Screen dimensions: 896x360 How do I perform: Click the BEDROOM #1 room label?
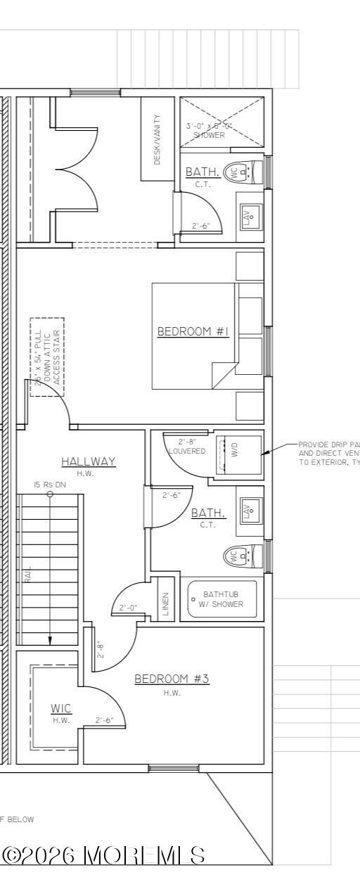tap(193, 331)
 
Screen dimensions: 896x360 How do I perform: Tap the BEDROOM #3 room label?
tap(172, 679)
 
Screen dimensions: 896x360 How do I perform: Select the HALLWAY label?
tap(88, 461)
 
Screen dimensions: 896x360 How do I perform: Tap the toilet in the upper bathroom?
tap(243, 171)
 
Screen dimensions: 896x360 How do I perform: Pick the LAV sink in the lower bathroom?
tap(248, 511)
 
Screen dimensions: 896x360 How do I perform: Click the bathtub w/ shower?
tap(222, 599)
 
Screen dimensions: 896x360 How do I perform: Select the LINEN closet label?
tap(166, 604)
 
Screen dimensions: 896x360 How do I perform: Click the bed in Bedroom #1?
tap(195, 335)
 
